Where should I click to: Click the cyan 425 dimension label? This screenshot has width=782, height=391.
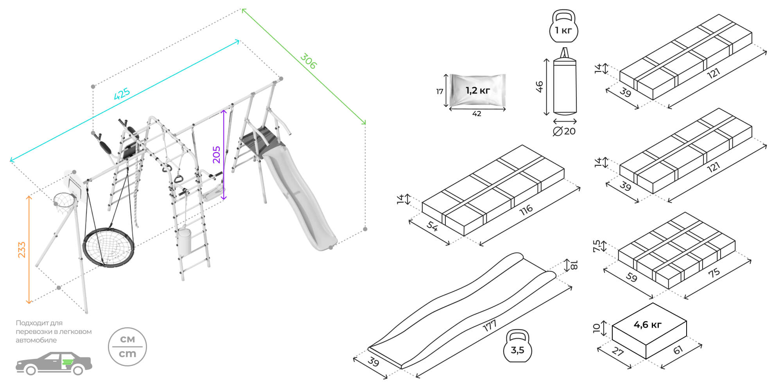click(x=122, y=94)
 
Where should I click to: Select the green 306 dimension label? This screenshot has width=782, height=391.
click(x=308, y=61)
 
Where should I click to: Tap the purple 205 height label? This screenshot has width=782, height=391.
click(x=217, y=154)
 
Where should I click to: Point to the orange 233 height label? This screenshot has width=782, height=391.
click(x=22, y=249)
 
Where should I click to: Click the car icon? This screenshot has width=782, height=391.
click(x=54, y=363)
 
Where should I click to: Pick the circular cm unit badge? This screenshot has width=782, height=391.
click(x=127, y=347)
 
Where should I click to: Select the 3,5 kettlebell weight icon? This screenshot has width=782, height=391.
click(x=517, y=346)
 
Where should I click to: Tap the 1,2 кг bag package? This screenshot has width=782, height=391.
click(x=477, y=90)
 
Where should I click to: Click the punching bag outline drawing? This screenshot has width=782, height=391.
click(x=565, y=84)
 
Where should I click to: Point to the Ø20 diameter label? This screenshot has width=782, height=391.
click(x=564, y=131)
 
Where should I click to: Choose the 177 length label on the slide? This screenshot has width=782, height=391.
click(x=489, y=325)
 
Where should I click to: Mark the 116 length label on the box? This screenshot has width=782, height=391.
click(x=526, y=210)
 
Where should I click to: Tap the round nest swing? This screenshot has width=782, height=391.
click(x=108, y=246)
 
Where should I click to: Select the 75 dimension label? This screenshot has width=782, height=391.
click(x=714, y=273)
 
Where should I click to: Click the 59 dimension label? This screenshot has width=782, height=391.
click(x=631, y=277)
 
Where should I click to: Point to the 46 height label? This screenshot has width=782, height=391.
click(x=539, y=86)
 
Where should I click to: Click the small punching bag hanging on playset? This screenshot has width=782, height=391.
click(x=184, y=240)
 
